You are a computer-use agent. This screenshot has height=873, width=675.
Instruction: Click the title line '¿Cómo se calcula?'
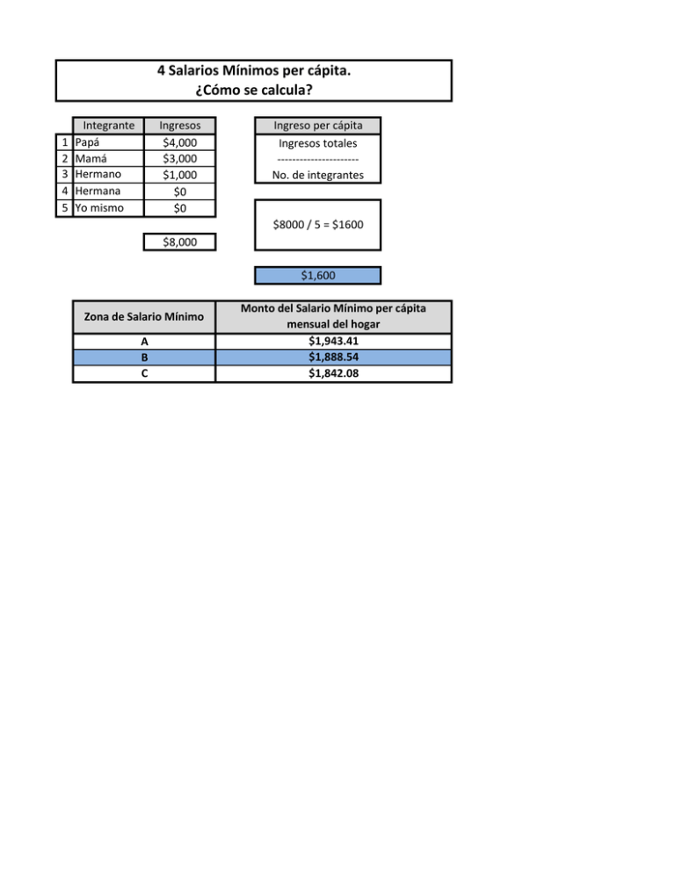pyautogui.click(x=254, y=90)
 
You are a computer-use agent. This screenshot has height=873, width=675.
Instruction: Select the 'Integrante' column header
pyautogui.click(x=108, y=126)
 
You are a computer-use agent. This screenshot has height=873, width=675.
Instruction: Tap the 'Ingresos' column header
pyautogui.click(x=179, y=126)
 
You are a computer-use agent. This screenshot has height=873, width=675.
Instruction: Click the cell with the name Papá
pyautogui.click(x=108, y=142)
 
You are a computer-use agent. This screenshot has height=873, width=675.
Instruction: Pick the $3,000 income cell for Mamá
pyautogui.click(x=179, y=159)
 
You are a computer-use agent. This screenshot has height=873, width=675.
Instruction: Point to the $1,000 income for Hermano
pyautogui.click(x=179, y=175)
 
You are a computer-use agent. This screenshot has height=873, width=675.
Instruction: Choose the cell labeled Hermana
pyautogui.click(x=108, y=191)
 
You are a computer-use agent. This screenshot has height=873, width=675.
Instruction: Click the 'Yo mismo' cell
pyautogui.click(x=108, y=208)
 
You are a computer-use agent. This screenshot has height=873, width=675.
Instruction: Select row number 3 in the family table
pyautogui.click(x=65, y=175)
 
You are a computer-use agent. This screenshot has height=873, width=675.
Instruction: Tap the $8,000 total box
pyautogui.click(x=179, y=242)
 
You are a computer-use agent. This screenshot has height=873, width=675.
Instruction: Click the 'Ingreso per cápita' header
pyautogui.click(x=317, y=126)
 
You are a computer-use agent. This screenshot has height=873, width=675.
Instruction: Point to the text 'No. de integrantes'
pyautogui.click(x=317, y=175)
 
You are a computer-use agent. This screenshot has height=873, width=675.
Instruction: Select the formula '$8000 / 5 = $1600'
pyautogui.click(x=317, y=225)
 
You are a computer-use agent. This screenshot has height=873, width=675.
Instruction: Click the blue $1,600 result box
pyautogui.click(x=317, y=276)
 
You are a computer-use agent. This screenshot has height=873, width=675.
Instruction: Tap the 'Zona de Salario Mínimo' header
pyautogui.click(x=144, y=317)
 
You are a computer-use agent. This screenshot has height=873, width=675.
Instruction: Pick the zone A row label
pyautogui.click(x=144, y=342)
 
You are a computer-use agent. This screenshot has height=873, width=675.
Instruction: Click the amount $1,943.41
pyautogui.click(x=333, y=342)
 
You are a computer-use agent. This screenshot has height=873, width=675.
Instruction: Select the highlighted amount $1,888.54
pyautogui.click(x=333, y=357)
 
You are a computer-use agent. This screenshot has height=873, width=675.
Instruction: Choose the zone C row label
pyautogui.click(x=144, y=373)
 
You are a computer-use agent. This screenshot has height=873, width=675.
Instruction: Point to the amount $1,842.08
pyautogui.click(x=333, y=373)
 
